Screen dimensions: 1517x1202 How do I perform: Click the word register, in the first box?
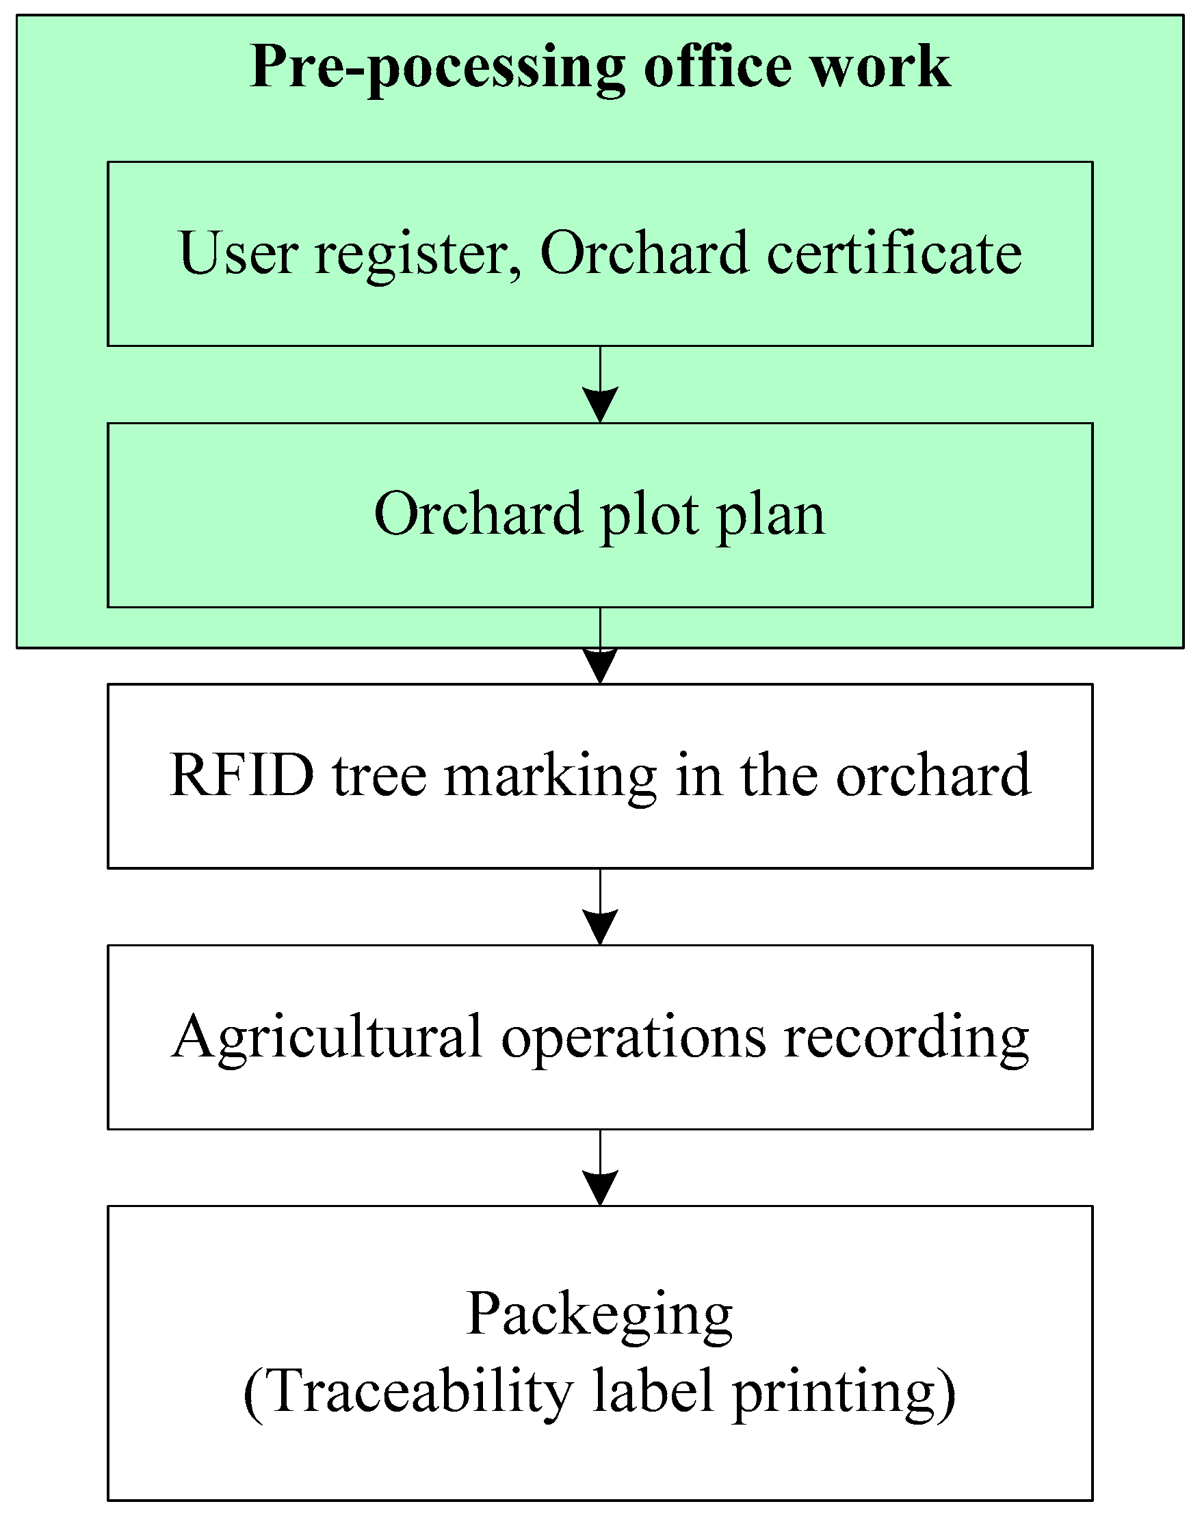[418, 255]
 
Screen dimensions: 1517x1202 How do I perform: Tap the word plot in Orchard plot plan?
[649, 516]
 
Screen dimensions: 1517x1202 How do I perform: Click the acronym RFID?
[241, 775]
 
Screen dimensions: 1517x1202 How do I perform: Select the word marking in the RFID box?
[551, 777]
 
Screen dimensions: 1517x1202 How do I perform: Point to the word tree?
[379, 775]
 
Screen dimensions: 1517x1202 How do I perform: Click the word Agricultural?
[327, 1039]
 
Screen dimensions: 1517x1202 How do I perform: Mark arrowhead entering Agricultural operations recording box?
[600, 926]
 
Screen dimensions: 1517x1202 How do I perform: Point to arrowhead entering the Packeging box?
[600, 1188]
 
